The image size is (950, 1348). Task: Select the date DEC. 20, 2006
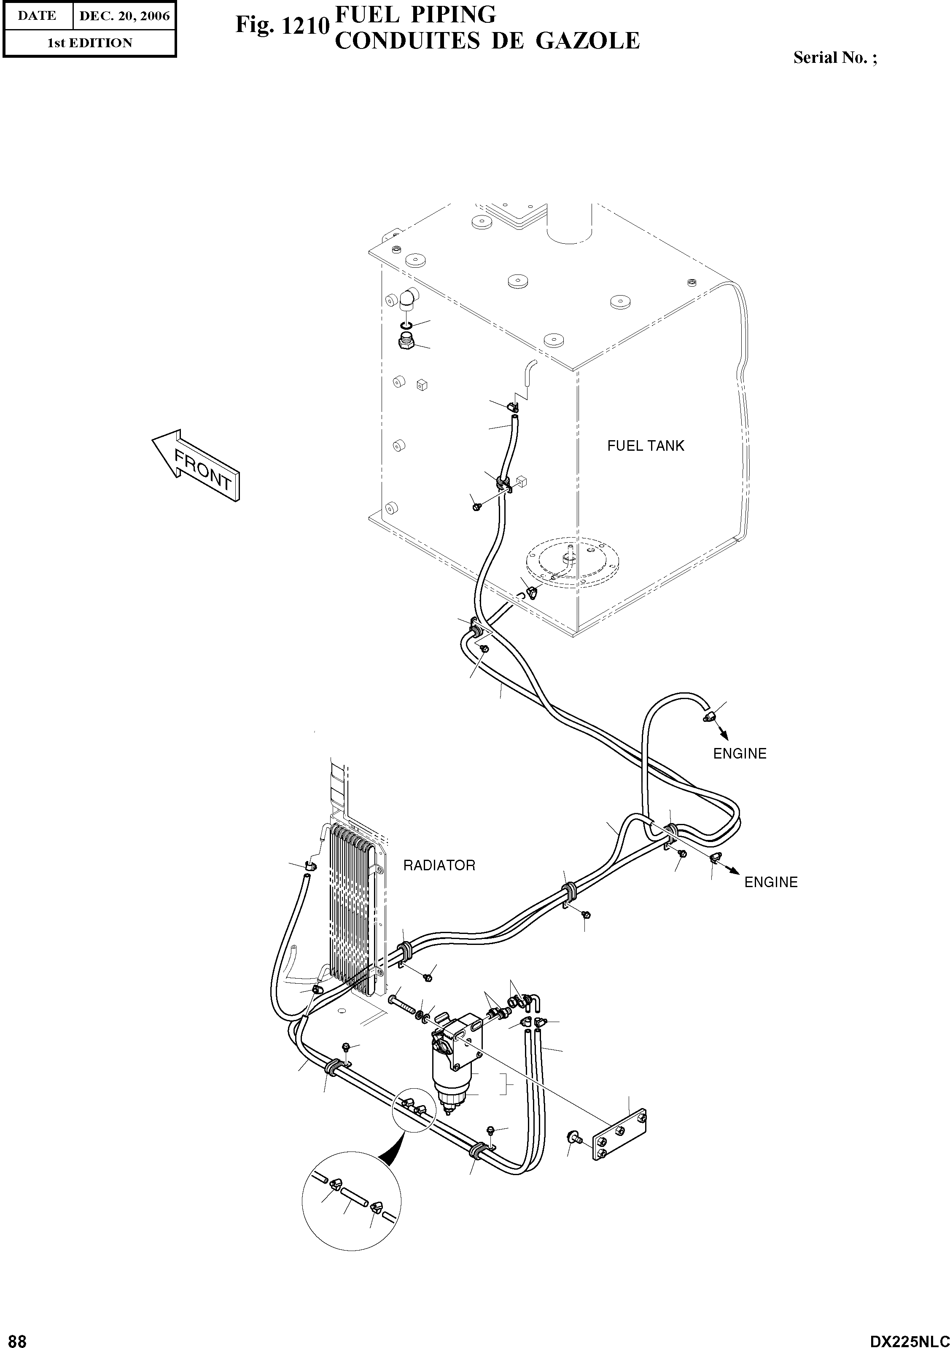[124, 16]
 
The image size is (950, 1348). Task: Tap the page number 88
[13, 1337]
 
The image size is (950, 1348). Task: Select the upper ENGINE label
[739, 753]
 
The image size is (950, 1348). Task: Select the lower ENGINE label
[770, 882]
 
